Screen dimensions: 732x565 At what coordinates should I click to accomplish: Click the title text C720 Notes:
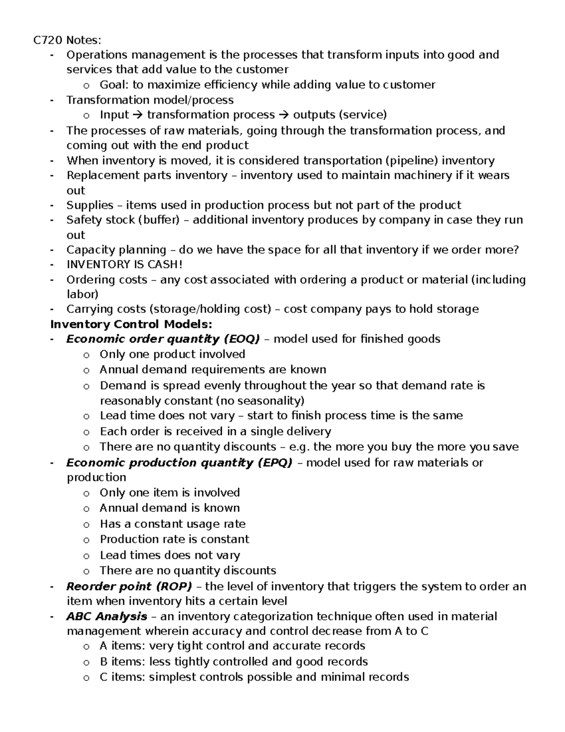(67, 40)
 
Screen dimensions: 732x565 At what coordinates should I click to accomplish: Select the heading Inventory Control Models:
(131, 324)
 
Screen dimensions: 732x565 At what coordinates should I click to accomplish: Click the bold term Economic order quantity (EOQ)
(163, 339)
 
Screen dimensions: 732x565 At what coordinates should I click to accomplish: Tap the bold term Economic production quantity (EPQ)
(179, 462)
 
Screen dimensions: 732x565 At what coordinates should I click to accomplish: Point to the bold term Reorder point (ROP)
(129, 586)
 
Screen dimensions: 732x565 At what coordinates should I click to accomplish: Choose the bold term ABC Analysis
(106, 616)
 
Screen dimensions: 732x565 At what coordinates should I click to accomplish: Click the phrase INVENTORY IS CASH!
(124, 264)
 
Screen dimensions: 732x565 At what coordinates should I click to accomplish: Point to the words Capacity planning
(116, 250)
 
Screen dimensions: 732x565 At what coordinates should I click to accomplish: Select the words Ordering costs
(106, 280)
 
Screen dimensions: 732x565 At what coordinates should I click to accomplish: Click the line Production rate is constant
(174, 539)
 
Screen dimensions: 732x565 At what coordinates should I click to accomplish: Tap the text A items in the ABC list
(121, 646)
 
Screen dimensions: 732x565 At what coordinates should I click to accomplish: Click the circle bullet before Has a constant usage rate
(86, 525)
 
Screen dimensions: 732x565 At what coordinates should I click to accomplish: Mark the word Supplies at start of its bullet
(89, 205)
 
